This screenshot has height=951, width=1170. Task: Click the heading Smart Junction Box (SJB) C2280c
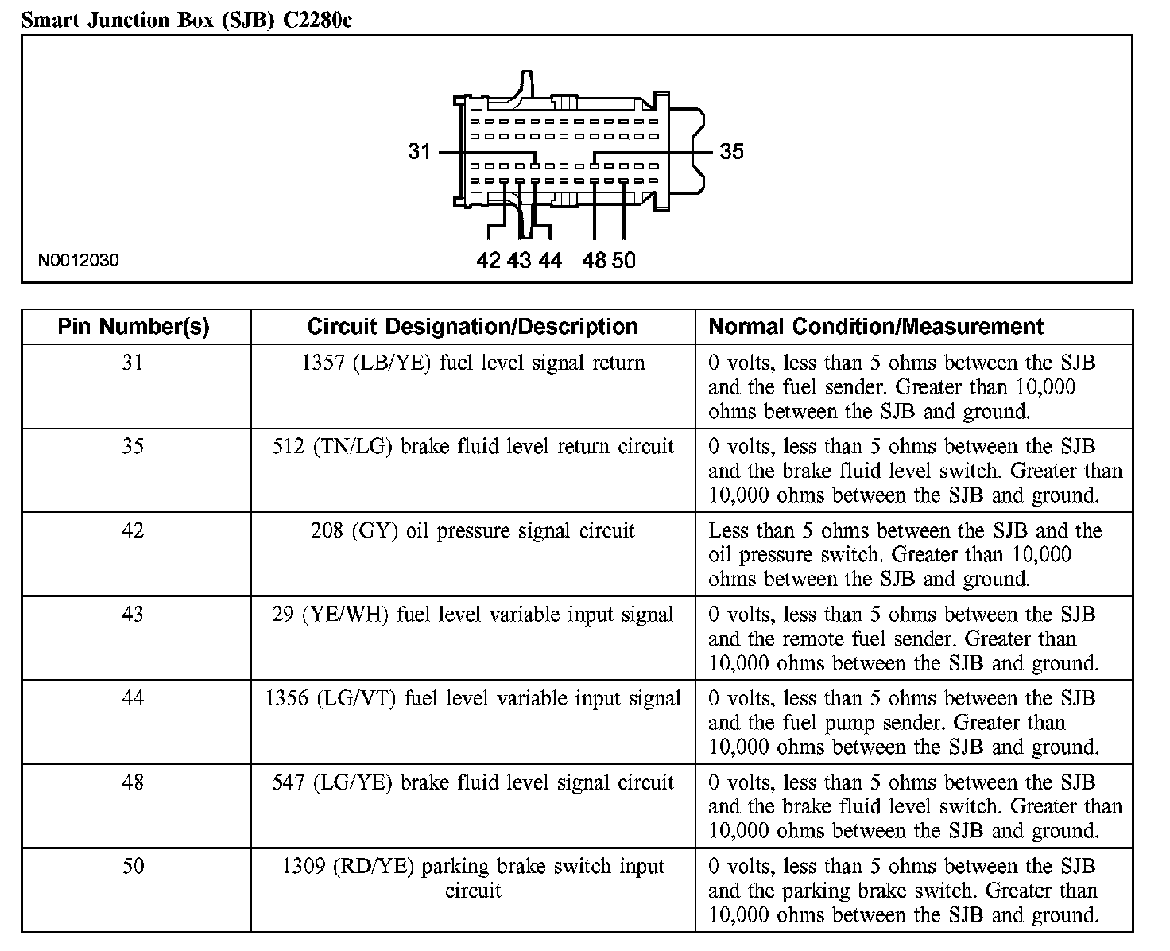point(186,20)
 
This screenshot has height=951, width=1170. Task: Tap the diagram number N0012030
point(78,260)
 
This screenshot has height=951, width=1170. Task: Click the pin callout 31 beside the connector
point(419,151)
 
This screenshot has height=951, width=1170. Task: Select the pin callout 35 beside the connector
point(731,151)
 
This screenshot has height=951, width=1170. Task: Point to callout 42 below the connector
point(489,260)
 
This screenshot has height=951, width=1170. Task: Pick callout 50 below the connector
point(624,260)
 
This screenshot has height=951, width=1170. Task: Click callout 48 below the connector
point(594,260)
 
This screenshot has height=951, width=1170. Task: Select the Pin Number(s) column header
point(134,327)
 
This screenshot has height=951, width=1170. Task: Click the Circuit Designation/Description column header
point(472,327)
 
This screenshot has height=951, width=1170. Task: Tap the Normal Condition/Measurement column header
point(876,327)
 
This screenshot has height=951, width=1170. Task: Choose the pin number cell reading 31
point(133,363)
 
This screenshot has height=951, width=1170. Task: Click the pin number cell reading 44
point(133,699)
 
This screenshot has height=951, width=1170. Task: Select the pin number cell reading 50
point(133,866)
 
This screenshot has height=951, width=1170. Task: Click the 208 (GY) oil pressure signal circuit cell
point(472,531)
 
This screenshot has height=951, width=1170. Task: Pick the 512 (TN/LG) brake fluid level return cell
point(472,447)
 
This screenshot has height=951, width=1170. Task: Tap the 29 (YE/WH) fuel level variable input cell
point(472,615)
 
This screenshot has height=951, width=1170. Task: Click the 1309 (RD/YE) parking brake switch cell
point(472,877)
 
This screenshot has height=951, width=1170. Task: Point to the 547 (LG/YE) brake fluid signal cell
point(472,782)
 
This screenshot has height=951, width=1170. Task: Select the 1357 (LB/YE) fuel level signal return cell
point(472,363)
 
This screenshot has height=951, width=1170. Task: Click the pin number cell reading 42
point(133,531)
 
